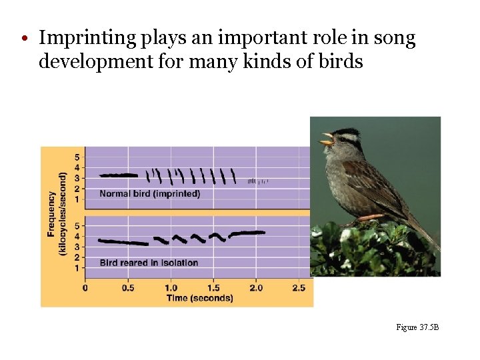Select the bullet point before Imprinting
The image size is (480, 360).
[23, 39]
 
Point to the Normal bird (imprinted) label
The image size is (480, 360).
[149, 194]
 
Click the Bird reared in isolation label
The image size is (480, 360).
[149, 263]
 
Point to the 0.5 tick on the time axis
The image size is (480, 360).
[128, 287]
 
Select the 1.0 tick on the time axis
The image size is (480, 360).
[171, 287]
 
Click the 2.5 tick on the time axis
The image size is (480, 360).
[298, 287]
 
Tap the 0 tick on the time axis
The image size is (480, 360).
[85, 287]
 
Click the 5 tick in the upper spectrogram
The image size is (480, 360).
[77, 157]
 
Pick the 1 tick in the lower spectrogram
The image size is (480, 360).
[77, 268]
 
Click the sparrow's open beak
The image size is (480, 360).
[327, 139]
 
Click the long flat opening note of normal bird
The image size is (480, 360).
[119, 175]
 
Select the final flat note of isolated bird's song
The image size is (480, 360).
[247, 233]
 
